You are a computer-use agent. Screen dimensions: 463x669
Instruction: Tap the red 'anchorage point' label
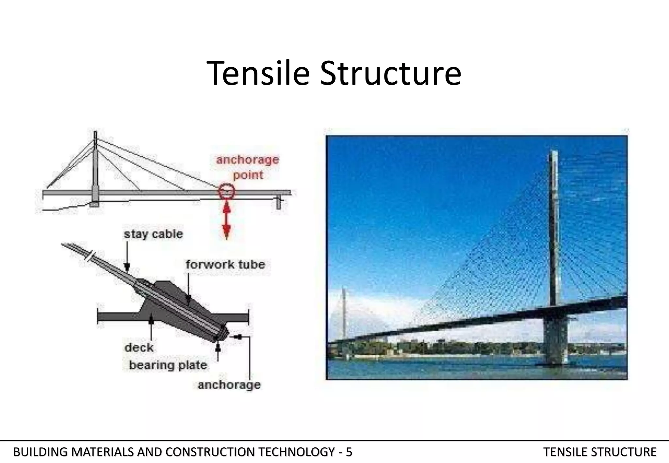point(248,167)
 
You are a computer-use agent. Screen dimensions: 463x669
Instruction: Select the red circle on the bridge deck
point(226,192)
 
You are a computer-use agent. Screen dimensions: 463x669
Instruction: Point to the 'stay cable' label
point(153,234)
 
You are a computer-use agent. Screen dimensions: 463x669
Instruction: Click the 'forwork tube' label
point(225,264)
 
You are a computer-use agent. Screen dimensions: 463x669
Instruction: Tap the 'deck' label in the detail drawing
point(139,348)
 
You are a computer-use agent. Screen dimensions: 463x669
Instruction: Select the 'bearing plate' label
point(168,365)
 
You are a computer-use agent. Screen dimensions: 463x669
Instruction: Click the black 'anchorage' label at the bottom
point(229,385)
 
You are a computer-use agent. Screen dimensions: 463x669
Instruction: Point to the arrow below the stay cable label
point(127,258)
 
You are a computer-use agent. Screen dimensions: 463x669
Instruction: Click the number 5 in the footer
point(349,452)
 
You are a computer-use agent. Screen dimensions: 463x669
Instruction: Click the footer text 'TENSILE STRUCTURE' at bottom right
point(600,452)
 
